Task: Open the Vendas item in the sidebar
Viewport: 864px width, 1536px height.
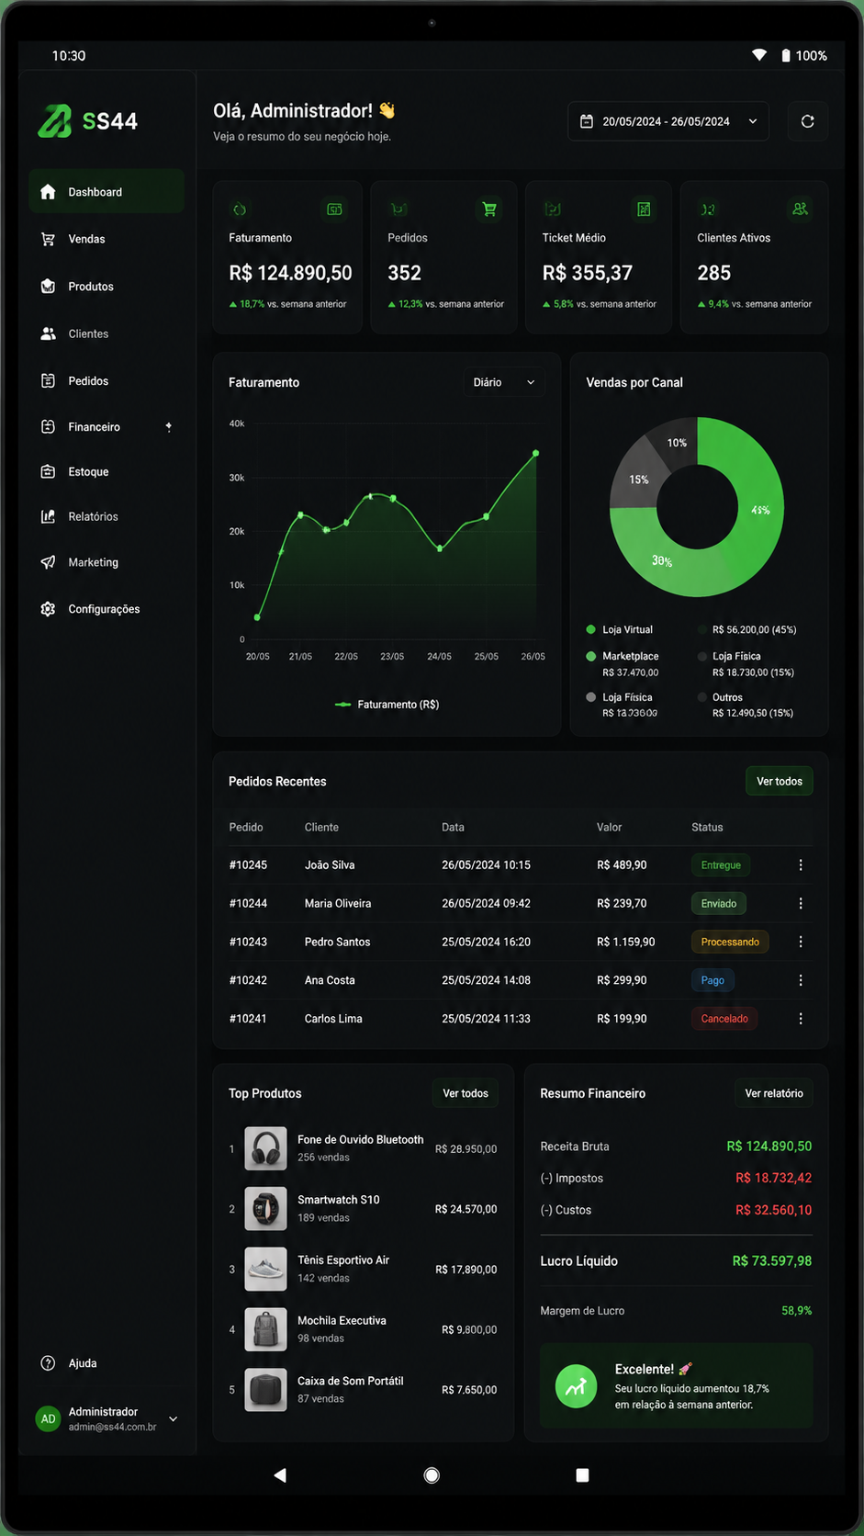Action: [86, 239]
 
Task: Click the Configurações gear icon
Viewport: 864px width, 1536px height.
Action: [48, 609]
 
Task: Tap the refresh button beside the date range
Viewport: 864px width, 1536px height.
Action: [808, 121]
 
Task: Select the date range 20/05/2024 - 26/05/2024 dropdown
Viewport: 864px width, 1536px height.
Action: [668, 121]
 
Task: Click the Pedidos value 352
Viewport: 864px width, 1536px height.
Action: [404, 273]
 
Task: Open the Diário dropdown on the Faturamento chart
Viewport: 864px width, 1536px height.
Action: [503, 382]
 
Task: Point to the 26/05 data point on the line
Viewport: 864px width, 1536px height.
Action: [536, 453]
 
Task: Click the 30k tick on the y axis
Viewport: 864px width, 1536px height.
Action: [236, 478]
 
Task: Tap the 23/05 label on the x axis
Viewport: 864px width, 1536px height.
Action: [392, 656]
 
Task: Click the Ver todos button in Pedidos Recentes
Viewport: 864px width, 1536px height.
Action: [779, 781]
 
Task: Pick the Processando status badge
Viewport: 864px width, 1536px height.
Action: [730, 942]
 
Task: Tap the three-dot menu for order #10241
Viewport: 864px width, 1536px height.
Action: [801, 1018]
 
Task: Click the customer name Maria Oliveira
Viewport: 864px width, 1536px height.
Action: [338, 903]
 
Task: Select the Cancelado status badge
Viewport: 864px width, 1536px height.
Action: [724, 1018]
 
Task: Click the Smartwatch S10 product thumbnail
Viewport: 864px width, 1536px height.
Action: [266, 1209]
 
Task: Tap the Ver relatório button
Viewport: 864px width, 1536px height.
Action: [773, 1093]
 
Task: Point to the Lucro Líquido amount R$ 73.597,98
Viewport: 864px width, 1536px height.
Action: [771, 1261]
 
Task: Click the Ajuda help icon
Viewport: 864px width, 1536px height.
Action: [48, 1363]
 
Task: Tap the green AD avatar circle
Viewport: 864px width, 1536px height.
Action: [48, 1418]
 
